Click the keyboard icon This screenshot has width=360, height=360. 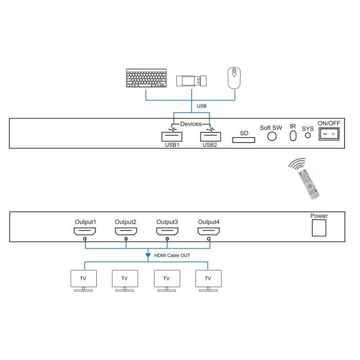(x=147, y=78)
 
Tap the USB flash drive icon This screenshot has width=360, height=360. (x=191, y=81)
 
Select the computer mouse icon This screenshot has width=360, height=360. (x=234, y=78)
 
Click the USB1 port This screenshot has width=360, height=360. (x=172, y=137)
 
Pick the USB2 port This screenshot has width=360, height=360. (x=210, y=137)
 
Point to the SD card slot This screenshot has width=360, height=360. (x=244, y=140)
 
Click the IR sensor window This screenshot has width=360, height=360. (x=293, y=136)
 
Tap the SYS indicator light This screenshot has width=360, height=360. (x=308, y=135)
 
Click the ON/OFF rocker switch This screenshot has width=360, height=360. (x=329, y=134)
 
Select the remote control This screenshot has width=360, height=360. (x=309, y=184)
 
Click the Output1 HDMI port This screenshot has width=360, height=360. (x=85, y=231)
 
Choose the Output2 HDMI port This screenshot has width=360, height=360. (x=126, y=231)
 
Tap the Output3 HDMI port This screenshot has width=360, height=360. (x=167, y=231)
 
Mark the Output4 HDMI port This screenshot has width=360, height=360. (x=209, y=231)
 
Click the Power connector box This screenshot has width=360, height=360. (x=319, y=228)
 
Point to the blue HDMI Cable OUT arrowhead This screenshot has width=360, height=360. (x=148, y=255)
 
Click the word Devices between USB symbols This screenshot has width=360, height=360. (x=191, y=124)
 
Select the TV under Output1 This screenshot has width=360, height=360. (x=83, y=281)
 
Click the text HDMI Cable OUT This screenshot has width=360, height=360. (x=172, y=255)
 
